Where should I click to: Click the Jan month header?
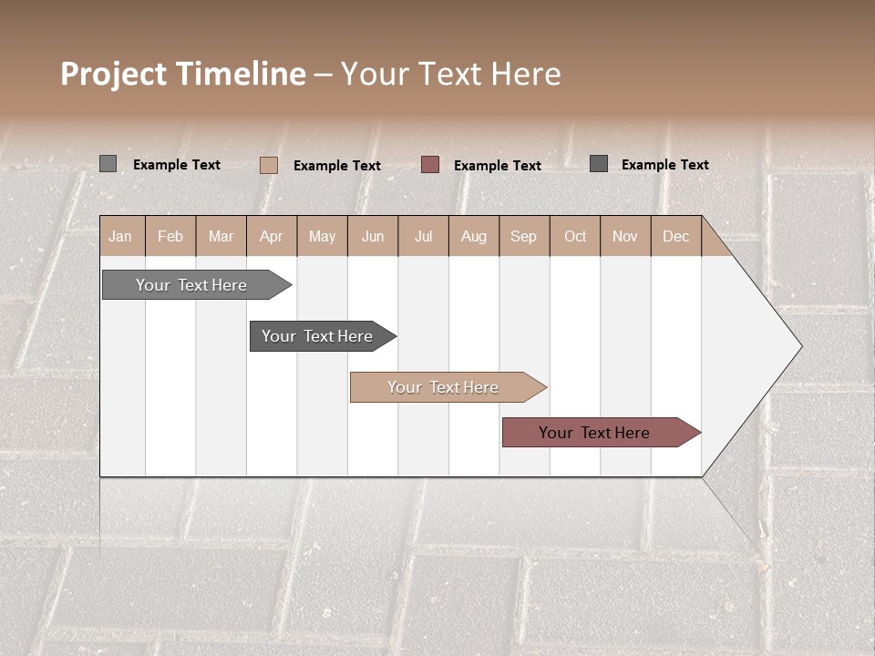click(120, 236)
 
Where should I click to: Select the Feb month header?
click(170, 236)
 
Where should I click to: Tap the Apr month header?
click(271, 236)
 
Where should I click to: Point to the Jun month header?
click(373, 236)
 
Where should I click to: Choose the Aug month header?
click(473, 236)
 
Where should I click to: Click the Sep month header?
click(523, 236)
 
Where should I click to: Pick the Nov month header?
click(624, 236)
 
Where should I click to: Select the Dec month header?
click(675, 236)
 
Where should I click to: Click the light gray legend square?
click(108, 164)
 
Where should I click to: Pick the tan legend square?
click(268, 165)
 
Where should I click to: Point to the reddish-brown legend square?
click(430, 164)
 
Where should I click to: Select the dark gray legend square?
click(599, 164)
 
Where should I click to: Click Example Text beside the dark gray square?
click(664, 165)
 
